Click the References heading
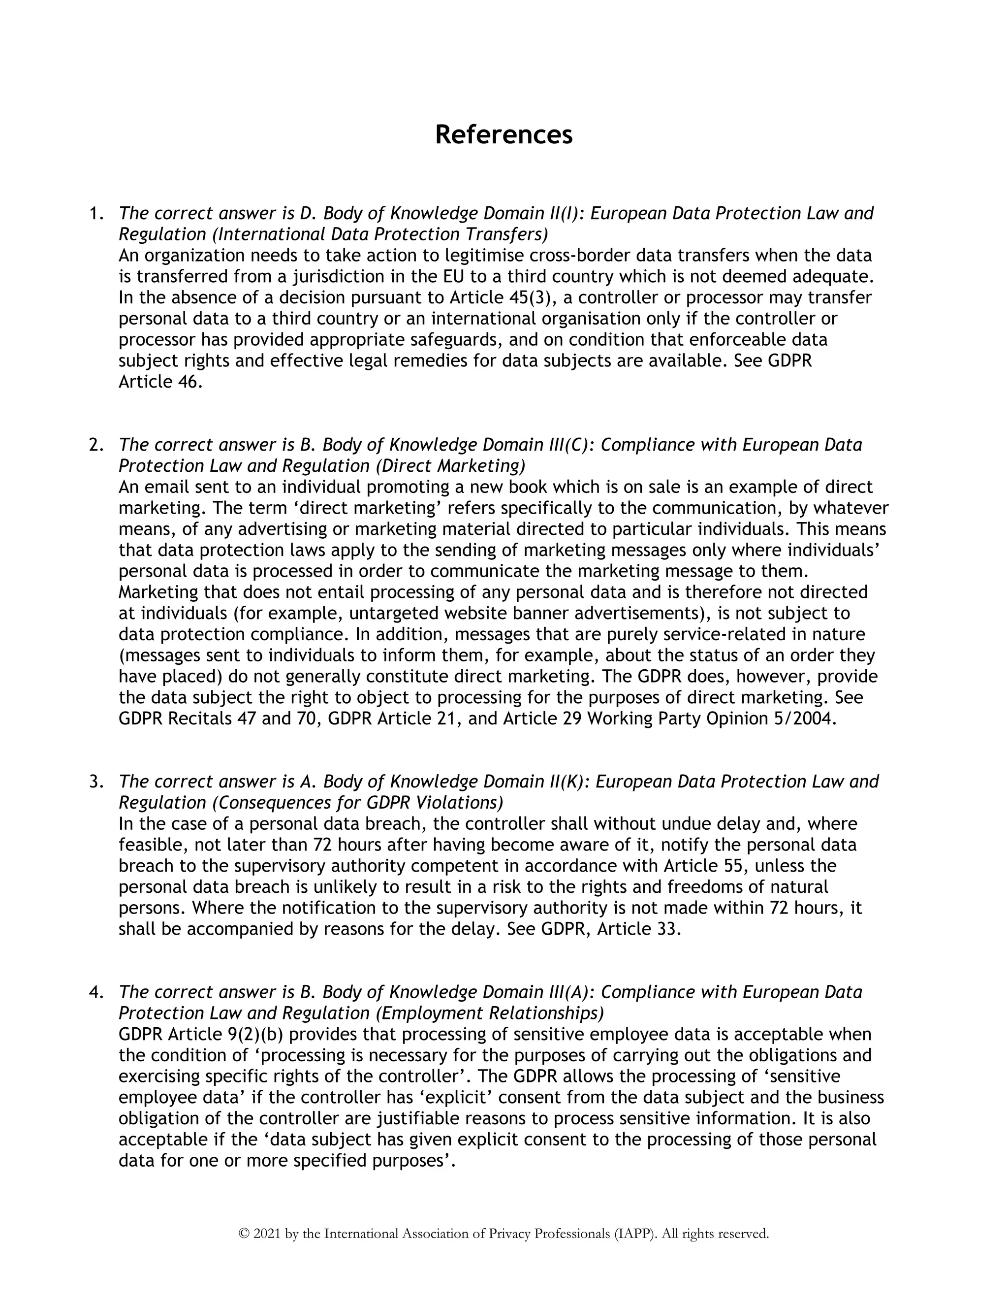click(x=504, y=135)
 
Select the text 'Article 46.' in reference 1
click(x=160, y=382)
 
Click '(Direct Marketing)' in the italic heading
click(x=450, y=465)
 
